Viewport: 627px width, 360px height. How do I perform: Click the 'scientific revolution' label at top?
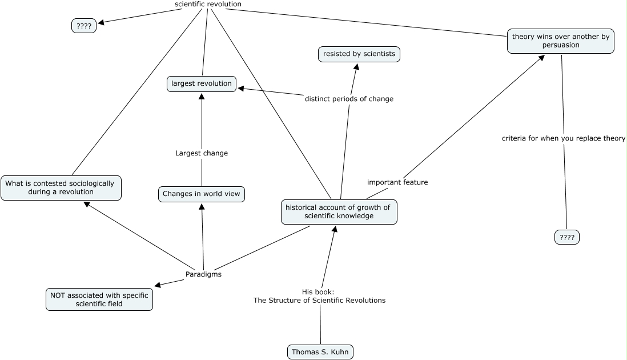tap(208, 5)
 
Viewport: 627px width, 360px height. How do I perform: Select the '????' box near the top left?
tap(84, 26)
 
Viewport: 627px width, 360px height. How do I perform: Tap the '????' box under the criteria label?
tap(566, 237)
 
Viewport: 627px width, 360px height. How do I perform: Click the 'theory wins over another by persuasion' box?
tap(560, 41)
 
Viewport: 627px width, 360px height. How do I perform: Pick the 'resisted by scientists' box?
tap(359, 54)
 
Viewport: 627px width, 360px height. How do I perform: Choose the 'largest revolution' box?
tap(202, 84)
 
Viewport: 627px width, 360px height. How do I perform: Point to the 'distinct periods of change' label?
tap(349, 99)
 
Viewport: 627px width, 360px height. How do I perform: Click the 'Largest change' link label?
tap(201, 153)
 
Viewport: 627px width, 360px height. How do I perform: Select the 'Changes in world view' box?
tap(202, 194)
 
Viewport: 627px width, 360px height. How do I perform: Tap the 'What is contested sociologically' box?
tap(61, 188)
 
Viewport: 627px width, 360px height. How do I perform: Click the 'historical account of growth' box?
tap(339, 212)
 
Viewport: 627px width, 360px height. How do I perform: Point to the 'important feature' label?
tap(397, 182)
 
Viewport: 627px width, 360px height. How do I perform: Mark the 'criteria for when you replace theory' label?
tap(563, 138)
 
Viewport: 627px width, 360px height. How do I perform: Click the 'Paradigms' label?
tap(203, 274)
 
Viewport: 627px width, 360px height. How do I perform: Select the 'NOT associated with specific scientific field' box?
tap(99, 299)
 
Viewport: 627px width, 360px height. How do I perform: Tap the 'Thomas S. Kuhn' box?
tap(320, 352)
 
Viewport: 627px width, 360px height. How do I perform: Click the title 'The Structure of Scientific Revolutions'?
tap(319, 301)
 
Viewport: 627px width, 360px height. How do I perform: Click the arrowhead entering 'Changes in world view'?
tap(202, 207)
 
